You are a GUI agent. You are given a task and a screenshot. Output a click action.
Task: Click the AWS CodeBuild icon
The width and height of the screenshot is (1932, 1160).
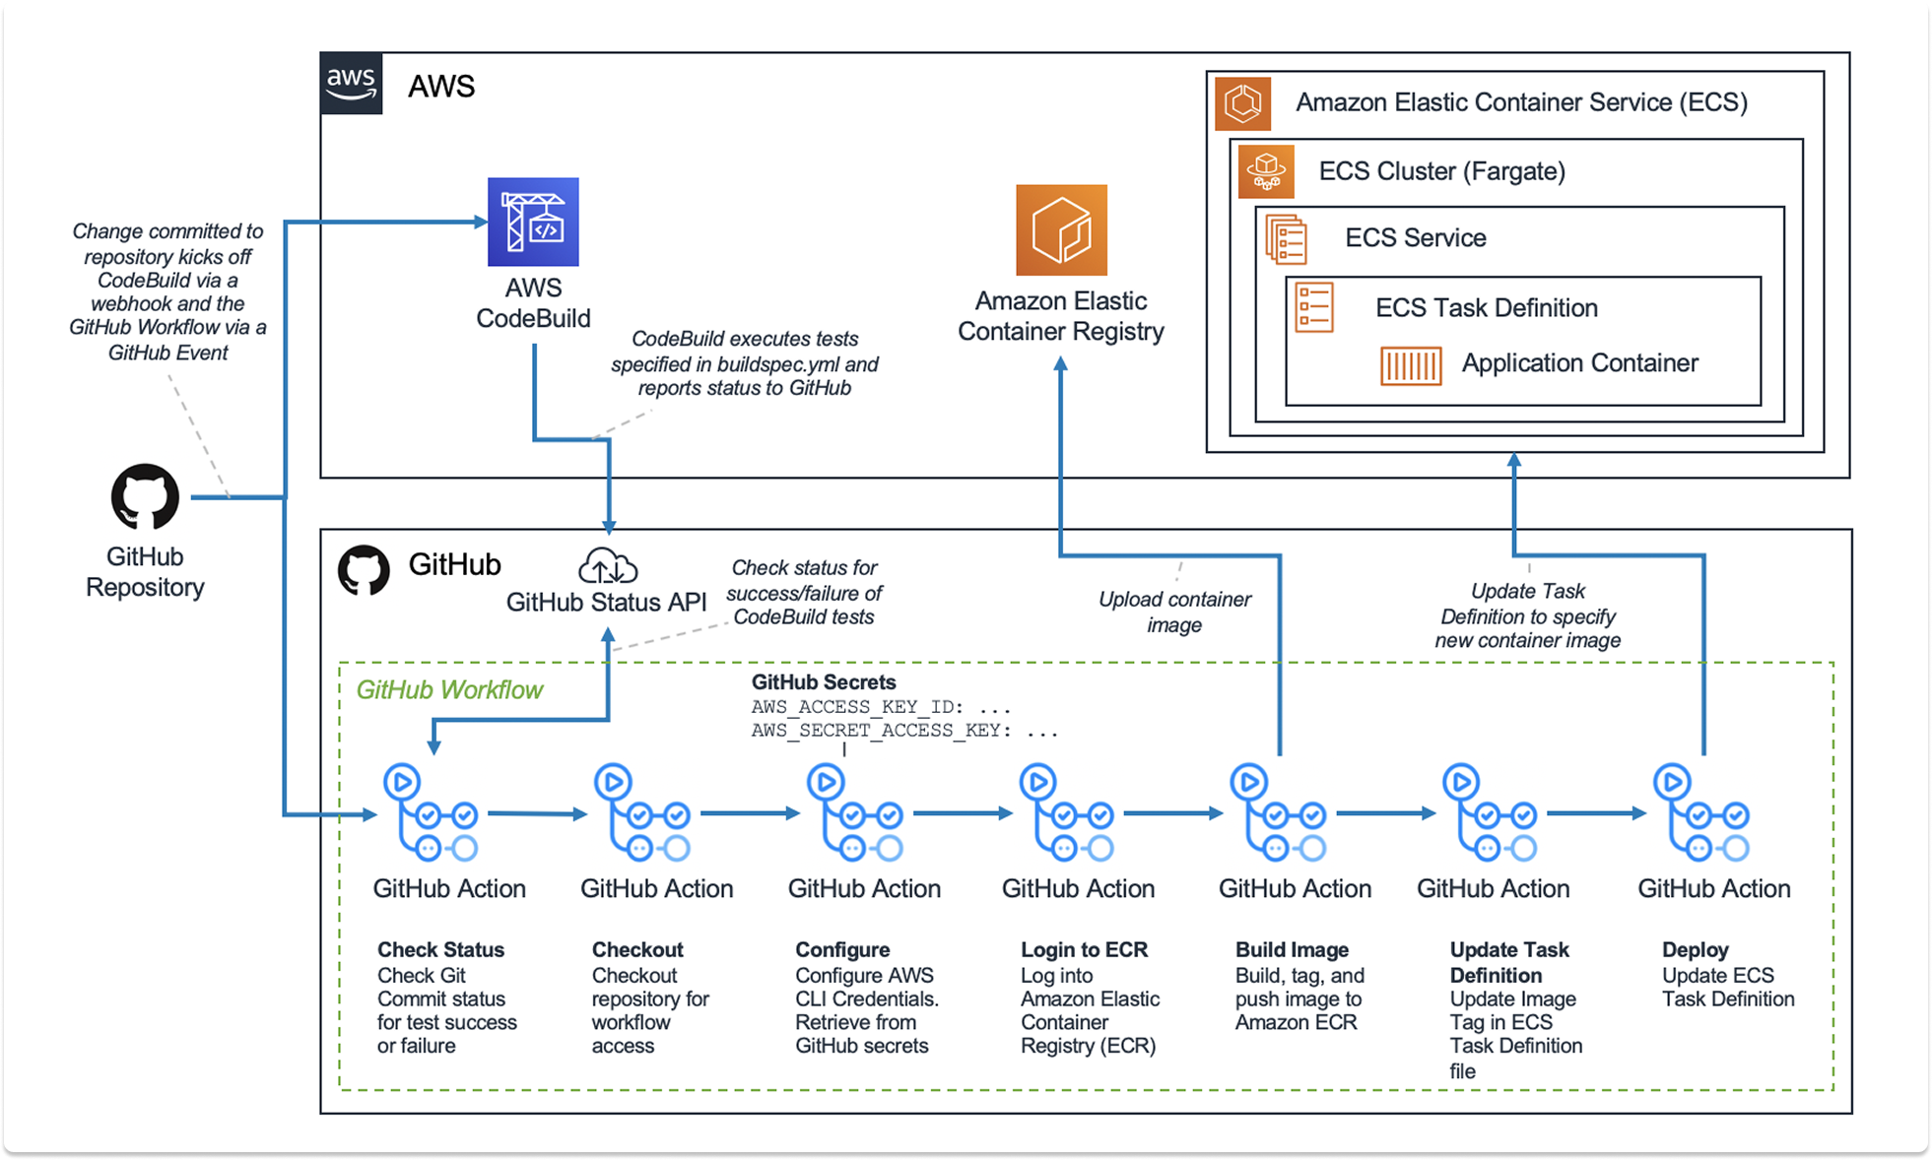click(533, 222)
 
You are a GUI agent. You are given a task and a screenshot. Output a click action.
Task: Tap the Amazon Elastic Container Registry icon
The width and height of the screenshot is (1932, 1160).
click(1061, 230)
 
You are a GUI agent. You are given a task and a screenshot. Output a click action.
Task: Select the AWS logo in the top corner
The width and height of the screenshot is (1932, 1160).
click(352, 84)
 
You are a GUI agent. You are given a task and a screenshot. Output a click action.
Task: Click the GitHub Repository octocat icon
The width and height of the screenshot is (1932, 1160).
click(145, 496)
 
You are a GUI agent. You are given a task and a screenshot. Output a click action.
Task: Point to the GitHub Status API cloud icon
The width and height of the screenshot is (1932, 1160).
click(607, 566)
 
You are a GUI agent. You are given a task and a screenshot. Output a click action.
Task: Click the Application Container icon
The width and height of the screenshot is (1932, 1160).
click(1410, 365)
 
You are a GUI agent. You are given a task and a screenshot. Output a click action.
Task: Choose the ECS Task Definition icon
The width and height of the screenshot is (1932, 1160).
click(1314, 307)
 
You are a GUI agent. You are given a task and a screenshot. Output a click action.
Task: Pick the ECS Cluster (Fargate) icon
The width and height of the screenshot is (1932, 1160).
click(1266, 170)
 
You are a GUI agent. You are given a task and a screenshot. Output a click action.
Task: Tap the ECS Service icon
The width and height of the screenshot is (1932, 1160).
click(1287, 239)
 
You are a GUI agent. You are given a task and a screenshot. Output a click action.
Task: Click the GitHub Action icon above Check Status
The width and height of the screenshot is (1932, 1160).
click(431, 813)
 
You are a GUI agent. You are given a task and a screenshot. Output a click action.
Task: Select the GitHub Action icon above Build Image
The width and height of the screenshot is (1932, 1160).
click(1278, 813)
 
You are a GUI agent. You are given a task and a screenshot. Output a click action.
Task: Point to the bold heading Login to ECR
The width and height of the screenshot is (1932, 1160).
click(1084, 950)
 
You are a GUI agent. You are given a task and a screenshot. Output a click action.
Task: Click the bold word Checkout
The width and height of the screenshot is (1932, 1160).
click(637, 950)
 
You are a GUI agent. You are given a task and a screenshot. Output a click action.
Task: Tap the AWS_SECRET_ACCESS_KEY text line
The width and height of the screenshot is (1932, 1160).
click(903, 731)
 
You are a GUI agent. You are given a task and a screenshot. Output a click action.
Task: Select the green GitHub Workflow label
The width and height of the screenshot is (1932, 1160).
click(449, 690)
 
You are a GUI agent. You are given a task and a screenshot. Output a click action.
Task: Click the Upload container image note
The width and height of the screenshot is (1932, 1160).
click(1174, 612)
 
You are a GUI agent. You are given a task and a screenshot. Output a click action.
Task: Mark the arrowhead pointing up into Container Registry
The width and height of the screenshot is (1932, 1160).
click(1061, 364)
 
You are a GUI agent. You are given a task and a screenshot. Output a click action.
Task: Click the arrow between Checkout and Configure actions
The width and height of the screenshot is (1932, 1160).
click(750, 813)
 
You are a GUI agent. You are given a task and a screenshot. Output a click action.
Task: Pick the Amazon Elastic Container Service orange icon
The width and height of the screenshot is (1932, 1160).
click(1242, 103)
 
